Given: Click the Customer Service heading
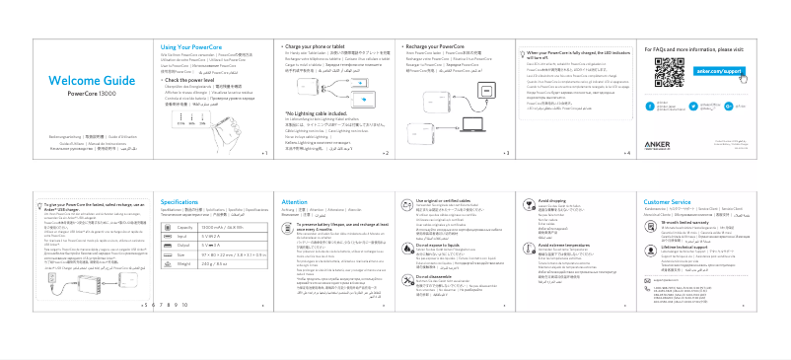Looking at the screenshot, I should (x=669, y=201).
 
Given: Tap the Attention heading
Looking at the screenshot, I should (x=295, y=201).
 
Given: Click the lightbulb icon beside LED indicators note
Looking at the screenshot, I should (x=520, y=53).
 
